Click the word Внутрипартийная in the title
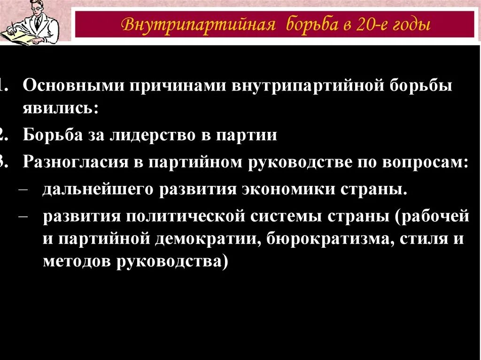pos(198,24)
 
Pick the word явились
pos(61,109)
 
